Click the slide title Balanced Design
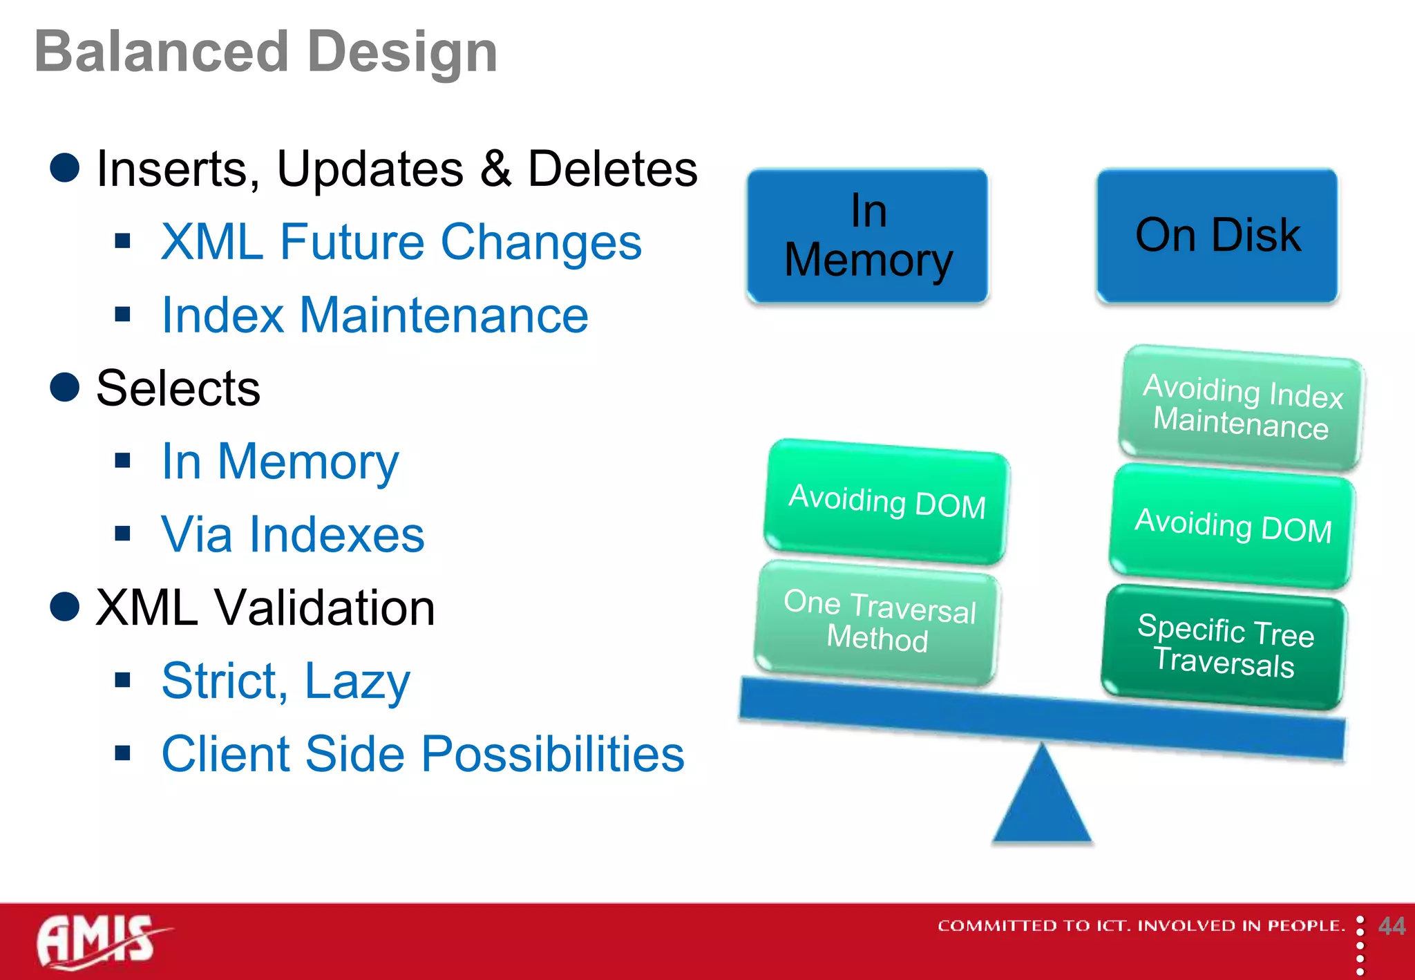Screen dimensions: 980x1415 (x=266, y=53)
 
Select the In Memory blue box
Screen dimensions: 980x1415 (x=868, y=236)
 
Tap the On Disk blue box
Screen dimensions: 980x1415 (x=1217, y=236)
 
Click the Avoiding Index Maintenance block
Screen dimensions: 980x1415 (x=1241, y=408)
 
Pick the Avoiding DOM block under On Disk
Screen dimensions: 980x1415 (x=1232, y=527)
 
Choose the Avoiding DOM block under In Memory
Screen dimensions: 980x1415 (x=886, y=502)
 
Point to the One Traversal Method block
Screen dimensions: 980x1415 (x=877, y=622)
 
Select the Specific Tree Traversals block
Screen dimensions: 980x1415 (x=1224, y=647)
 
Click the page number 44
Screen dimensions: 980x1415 (x=1391, y=926)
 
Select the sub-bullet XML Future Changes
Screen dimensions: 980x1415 (x=401, y=242)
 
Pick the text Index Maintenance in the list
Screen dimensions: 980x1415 (x=374, y=315)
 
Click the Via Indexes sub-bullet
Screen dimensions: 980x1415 (x=292, y=534)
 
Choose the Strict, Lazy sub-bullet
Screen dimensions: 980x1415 (x=285, y=681)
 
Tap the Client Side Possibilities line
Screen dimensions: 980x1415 (x=422, y=754)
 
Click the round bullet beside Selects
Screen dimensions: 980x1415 (x=65, y=387)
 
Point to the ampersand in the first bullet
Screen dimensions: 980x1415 (x=495, y=169)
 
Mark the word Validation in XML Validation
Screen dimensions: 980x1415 (x=324, y=608)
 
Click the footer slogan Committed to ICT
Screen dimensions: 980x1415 (x=1140, y=926)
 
